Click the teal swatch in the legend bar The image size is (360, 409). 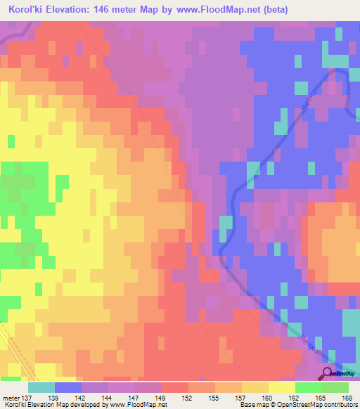click(x=41, y=387)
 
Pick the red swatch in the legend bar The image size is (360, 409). click(x=175, y=387)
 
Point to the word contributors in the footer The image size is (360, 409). click(x=340, y=405)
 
